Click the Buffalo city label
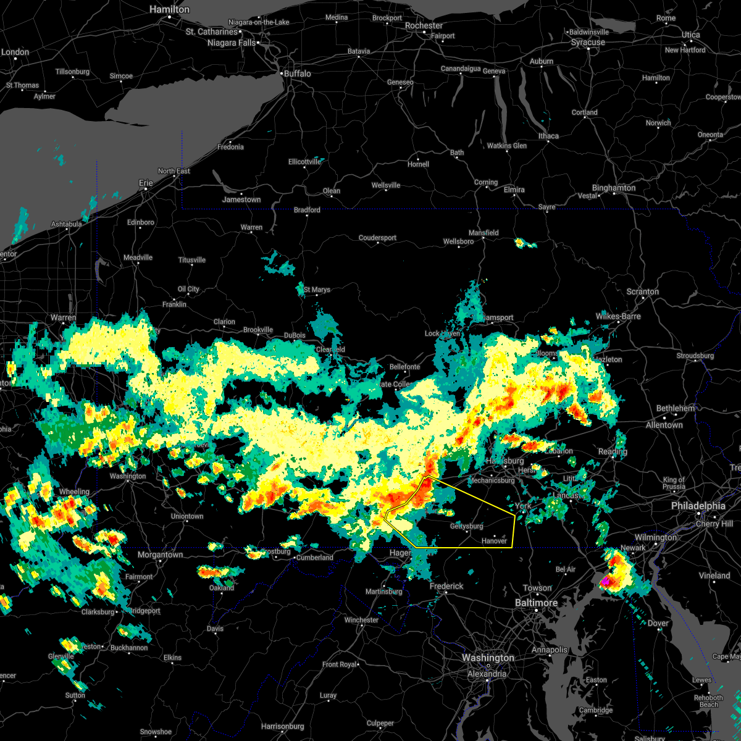[x=297, y=73]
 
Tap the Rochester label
[x=424, y=26]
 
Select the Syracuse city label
[x=588, y=43]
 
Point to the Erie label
[x=146, y=183]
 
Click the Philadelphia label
[x=698, y=506]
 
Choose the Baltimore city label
[x=536, y=603]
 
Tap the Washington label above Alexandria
[x=488, y=658]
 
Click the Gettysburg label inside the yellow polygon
[x=466, y=526]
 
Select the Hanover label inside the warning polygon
[x=494, y=541]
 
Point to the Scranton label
[x=642, y=291]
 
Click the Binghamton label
[x=613, y=188]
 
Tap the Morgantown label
[x=160, y=555]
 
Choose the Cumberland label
[x=314, y=558]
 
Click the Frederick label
[x=446, y=586]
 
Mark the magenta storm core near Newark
[x=606, y=581]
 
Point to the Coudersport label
[x=377, y=238]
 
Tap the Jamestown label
[x=241, y=199]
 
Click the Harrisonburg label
[x=282, y=726]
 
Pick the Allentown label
[x=664, y=425]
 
